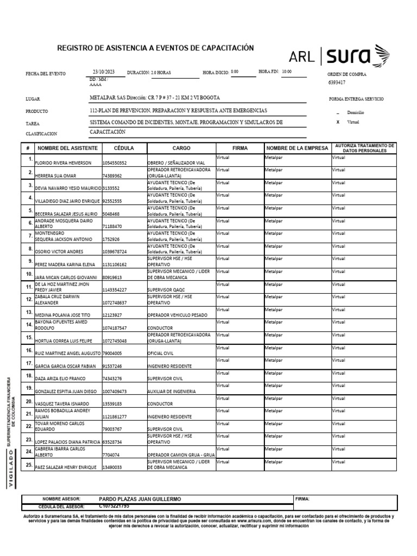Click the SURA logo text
[x=349, y=56]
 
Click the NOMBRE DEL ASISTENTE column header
[x=68, y=148]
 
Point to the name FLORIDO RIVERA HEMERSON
[x=67, y=163]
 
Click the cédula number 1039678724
[x=115, y=251]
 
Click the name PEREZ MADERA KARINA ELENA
[x=66, y=264]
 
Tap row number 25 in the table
[x=29, y=465]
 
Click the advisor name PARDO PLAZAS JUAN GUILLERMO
[x=140, y=498]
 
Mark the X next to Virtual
[x=338, y=122]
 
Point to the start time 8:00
[x=235, y=72]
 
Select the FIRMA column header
[x=239, y=148]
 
